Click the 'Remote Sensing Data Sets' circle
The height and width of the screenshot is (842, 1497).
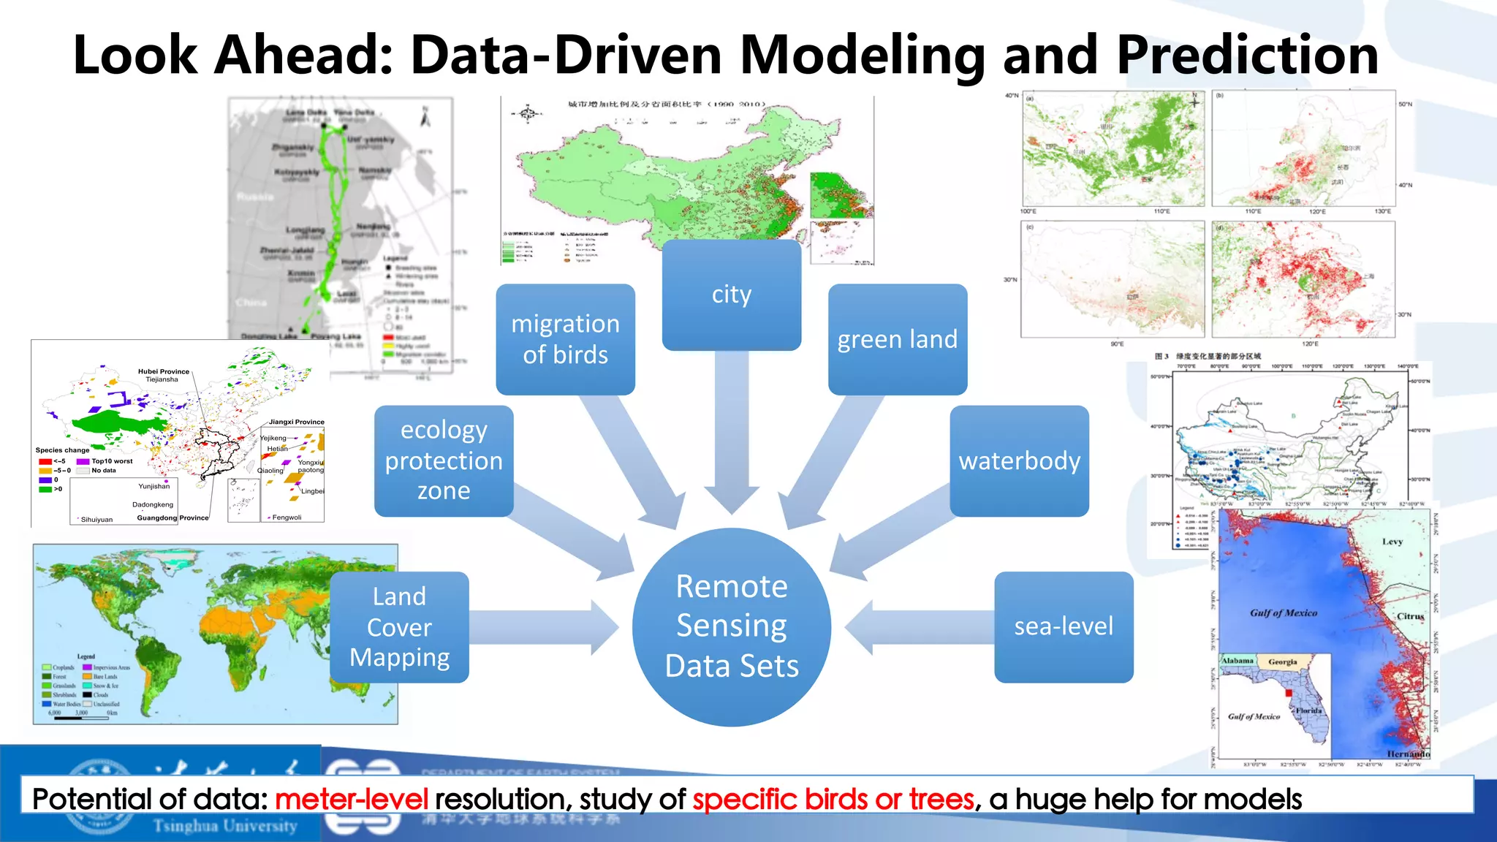(x=731, y=626)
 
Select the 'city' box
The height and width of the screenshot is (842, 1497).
(x=731, y=295)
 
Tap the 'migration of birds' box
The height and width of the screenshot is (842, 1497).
(x=565, y=339)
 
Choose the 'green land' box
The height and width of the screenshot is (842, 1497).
(x=897, y=339)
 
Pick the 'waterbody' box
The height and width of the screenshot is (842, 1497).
(x=1019, y=460)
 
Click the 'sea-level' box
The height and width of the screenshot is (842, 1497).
(x=1063, y=626)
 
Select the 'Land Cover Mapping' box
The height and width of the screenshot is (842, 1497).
(x=399, y=626)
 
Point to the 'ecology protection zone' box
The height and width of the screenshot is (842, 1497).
(x=444, y=460)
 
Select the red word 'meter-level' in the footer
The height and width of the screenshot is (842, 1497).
(x=352, y=799)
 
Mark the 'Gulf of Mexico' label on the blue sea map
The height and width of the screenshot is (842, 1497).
(x=1283, y=613)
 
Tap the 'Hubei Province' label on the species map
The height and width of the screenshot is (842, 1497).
(x=164, y=371)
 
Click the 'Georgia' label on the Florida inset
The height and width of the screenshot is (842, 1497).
(x=1282, y=661)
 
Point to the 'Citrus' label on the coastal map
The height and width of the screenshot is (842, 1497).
(x=1410, y=616)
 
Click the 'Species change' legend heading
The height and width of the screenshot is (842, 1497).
(x=62, y=450)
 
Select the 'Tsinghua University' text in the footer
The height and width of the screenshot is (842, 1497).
(x=225, y=826)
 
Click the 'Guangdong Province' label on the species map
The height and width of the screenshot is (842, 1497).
(x=173, y=517)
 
